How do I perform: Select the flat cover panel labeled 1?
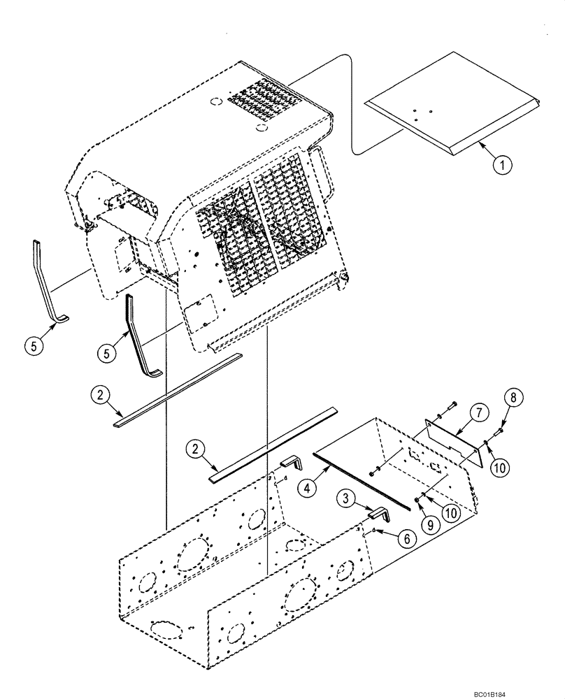pyautogui.click(x=455, y=101)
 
